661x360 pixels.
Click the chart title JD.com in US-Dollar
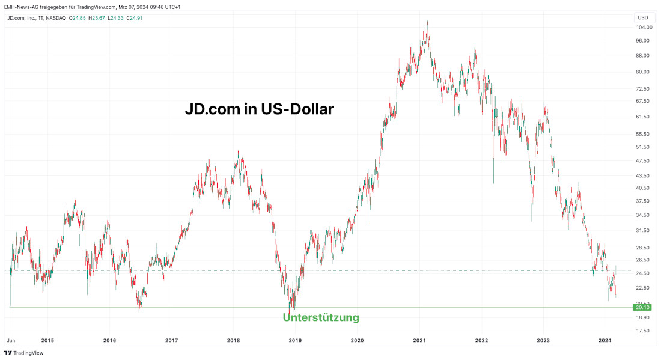258,109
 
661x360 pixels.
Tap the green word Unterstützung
321,317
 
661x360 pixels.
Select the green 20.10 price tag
642,307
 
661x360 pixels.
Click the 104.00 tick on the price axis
642,28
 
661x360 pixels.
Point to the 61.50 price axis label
642,117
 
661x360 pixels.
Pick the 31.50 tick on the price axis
642,230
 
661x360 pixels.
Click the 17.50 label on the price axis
642,331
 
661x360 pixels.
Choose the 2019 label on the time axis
295,340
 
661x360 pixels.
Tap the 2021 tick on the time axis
419,340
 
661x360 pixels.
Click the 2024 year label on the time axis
605,340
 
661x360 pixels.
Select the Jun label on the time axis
10,340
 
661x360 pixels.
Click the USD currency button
643,17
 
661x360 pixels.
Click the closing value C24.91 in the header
134,18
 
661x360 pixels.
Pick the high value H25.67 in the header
97,18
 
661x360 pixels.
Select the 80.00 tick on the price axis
642,72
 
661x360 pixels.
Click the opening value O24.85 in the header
78,18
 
